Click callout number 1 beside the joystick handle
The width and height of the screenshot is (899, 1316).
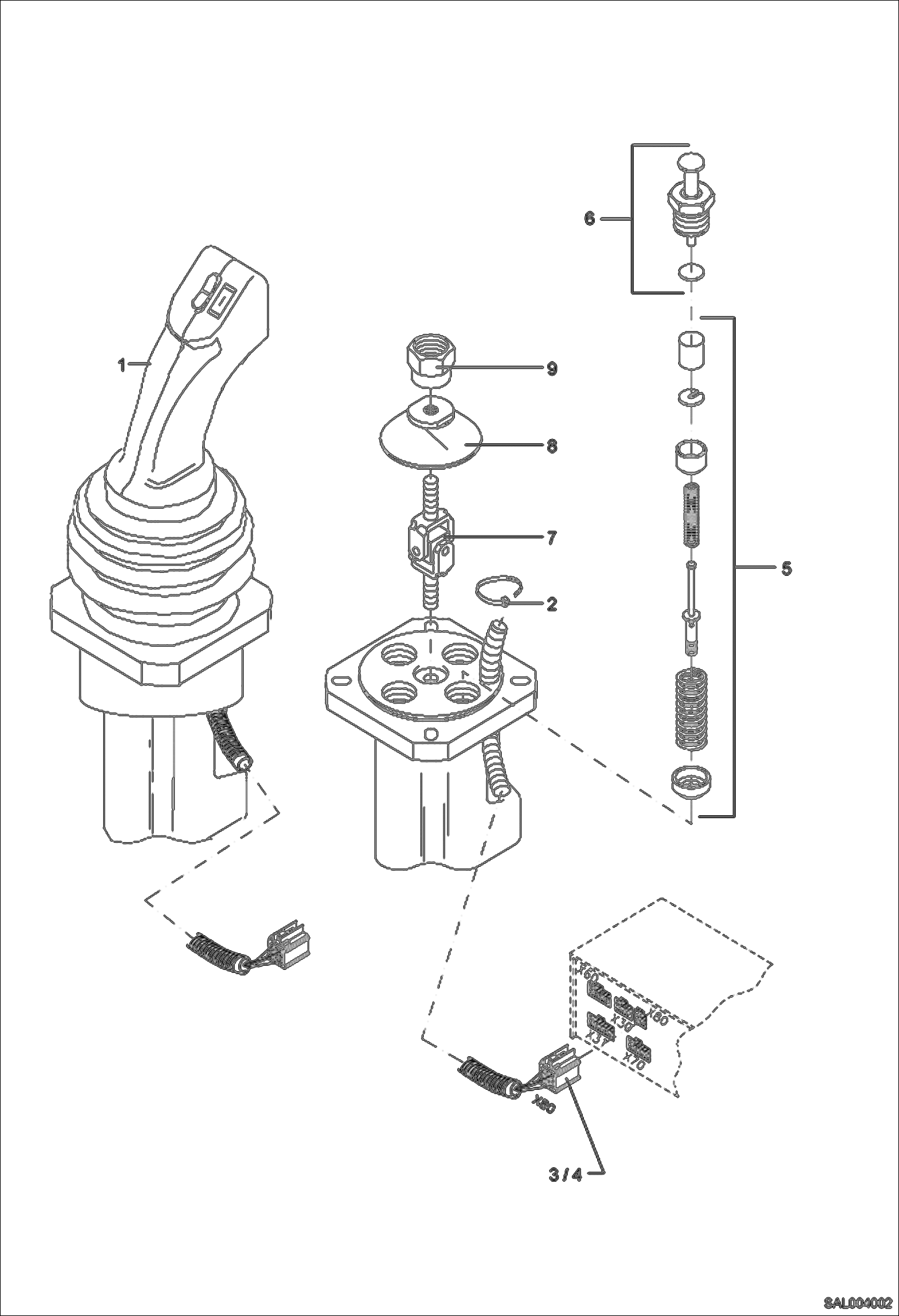pos(121,363)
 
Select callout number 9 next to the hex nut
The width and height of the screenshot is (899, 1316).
pos(552,368)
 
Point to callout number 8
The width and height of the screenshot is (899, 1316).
pos(552,446)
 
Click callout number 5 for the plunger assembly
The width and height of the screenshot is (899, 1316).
pos(786,567)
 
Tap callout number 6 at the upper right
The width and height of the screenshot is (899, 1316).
pos(590,219)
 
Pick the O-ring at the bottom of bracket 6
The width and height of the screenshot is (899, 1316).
pos(690,272)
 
